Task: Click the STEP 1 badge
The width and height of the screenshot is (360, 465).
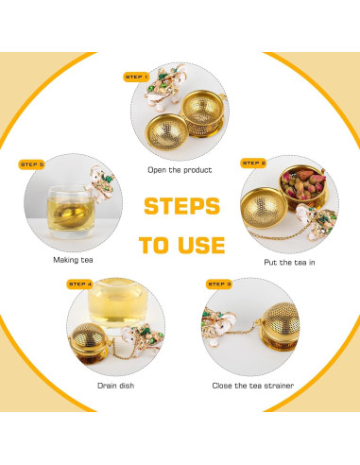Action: (136, 77)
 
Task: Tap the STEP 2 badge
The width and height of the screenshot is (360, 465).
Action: (253, 163)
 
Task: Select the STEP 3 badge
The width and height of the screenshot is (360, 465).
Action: (219, 284)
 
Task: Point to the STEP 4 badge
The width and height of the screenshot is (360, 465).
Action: (79, 284)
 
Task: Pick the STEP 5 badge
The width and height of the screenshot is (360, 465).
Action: (31, 164)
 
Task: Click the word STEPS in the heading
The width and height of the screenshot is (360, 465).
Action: (181, 206)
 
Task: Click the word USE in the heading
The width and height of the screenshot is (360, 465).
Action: (201, 245)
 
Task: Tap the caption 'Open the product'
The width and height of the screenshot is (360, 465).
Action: (180, 170)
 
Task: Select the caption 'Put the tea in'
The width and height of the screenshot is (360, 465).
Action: (289, 263)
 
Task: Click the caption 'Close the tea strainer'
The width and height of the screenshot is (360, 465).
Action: (253, 386)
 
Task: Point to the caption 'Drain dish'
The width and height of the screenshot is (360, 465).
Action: (116, 386)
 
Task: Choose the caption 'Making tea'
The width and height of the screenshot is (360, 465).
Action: (73, 260)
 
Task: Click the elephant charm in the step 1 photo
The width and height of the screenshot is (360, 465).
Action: (164, 86)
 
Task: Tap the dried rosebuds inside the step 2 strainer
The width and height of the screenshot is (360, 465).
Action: (302, 184)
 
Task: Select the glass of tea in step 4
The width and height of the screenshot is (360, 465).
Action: (117, 303)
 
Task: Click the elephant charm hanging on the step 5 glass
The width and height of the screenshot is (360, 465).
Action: (101, 184)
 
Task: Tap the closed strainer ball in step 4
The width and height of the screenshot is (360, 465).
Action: (88, 344)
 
